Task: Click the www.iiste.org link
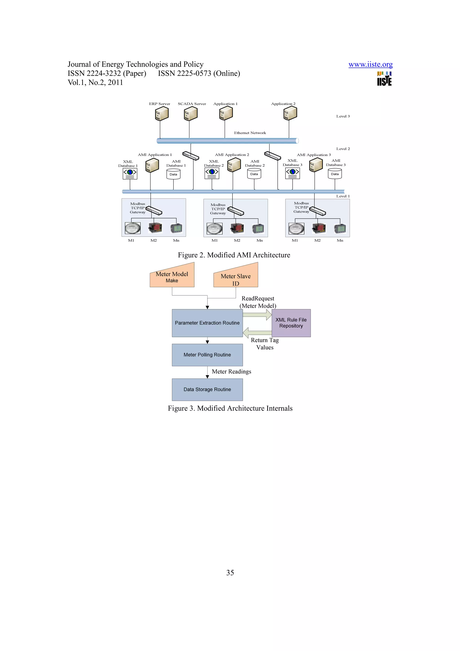pyautogui.click(x=370, y=64)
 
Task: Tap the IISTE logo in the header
pyautogui.click(x=384, y=79)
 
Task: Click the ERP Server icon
pyautogui.click(x=161, y=114)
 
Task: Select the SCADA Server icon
pyautogui.click(x=190, y=114)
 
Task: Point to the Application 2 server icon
pyautogui.click(x=290, y=113)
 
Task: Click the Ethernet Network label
pyautogui.click(x=250, y=133)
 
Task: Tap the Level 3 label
pyautogui.click(x=343, y=116)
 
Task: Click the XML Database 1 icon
pyautogui.click(x=130, y=173)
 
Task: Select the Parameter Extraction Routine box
pyautogui.click(x=207, y=323)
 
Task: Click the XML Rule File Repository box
pyautogui.click(x=291, y=323)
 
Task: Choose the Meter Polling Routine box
pyautogui.click(x=207, y=355)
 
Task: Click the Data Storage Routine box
pyautogui.click(x=207, y=389)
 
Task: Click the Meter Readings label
pyautogui.click(x=231, y=371)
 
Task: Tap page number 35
pyautogui.click(x=230, y=573)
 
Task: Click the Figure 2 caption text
pyautogui.click(x=234, y=255)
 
